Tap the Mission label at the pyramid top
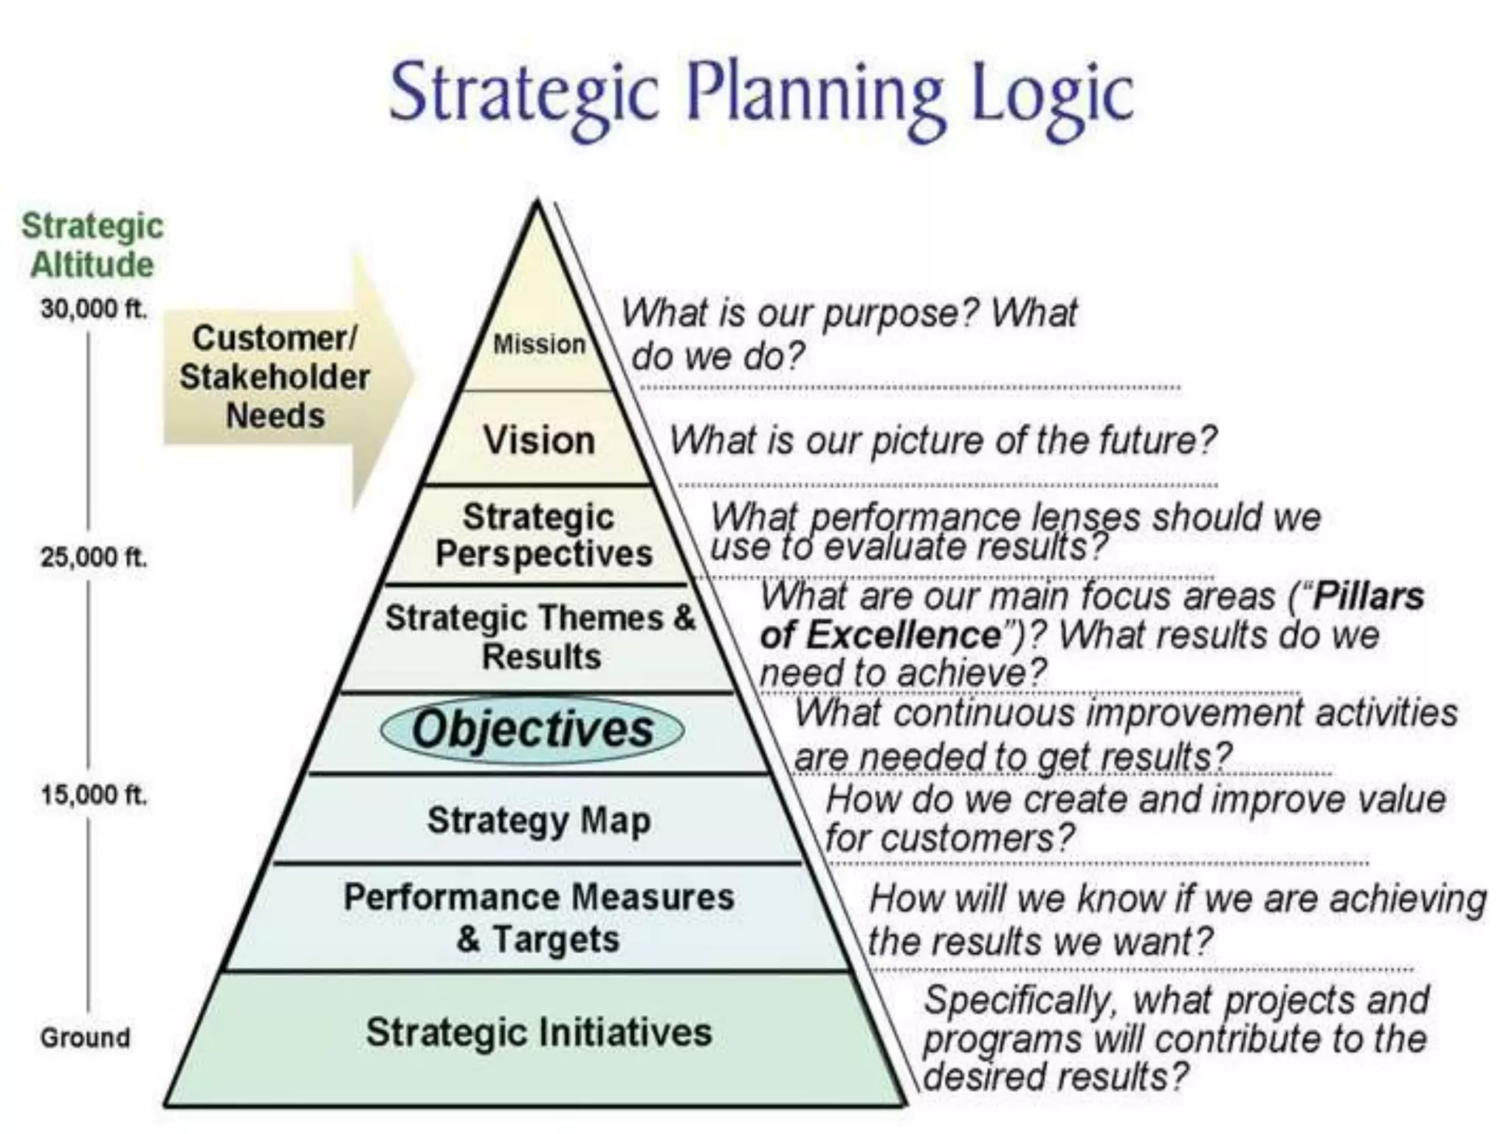[x=539, y=344]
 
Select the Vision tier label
[x=539, y=440]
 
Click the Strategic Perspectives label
[x=542, y=535]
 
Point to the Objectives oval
[x=532, y=729]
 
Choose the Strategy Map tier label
[x=539, y=819]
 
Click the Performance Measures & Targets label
[x=539, y=918]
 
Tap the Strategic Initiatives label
[x=539, y=1031]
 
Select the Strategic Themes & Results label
[x=540, y=636]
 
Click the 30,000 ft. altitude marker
[x=94, y=309]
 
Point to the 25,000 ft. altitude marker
[x=94, y=557]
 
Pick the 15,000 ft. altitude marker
[x=94, y=795]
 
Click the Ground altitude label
[x=85, y=1037]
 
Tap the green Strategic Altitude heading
[x=92, y=245]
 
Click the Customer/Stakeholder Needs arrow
[x=281, y=377]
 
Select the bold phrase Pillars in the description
[x=1368, y=597]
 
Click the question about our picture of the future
[x=942, y=441]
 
